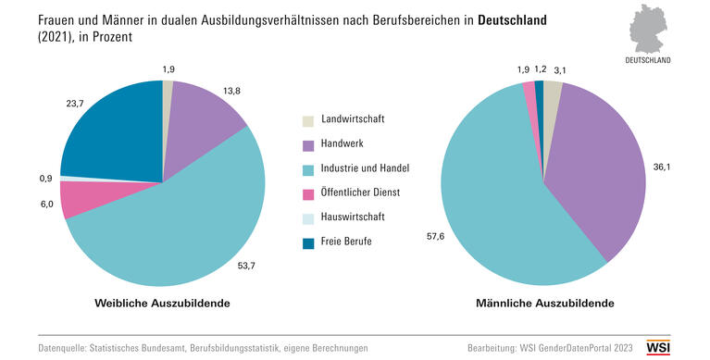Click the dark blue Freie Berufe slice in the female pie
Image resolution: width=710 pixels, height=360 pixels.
pos(111,130)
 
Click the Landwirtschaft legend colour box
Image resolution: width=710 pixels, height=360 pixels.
pos(308,120)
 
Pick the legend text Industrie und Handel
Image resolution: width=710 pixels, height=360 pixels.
pos(365,168)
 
